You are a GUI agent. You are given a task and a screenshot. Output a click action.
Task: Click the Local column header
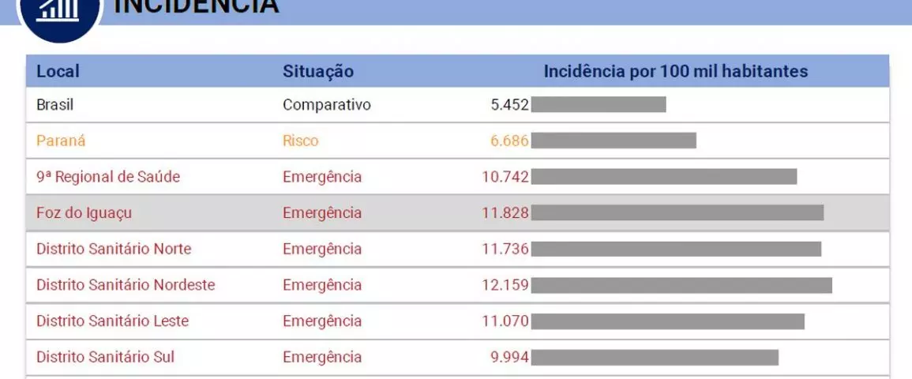point(58,71)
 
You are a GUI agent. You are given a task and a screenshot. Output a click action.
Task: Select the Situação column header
point(318,71)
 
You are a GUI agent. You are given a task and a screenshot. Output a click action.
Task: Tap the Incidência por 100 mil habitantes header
point(675,71)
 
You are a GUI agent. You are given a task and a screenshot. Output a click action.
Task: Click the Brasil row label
point(54,104)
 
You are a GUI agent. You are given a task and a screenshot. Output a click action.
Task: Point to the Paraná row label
point(61,141)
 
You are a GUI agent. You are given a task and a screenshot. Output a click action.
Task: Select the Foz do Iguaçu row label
point(84,212)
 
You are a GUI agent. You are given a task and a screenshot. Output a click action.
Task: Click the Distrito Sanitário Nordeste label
point(126,284)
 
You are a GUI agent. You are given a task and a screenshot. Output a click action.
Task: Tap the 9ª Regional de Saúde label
point(108,177)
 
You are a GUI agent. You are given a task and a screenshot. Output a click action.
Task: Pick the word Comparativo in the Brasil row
point(327,104)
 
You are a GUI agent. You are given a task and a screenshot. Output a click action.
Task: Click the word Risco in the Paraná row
point(301,141)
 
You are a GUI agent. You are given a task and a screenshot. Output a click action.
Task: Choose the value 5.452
point(509,104)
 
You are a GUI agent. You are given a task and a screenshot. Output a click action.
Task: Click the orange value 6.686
point(509,141)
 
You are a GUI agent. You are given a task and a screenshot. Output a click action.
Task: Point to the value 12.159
point(505,284)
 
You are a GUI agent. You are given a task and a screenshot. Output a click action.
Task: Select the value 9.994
point(509,357)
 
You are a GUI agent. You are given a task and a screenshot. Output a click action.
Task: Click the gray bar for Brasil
point(599,104)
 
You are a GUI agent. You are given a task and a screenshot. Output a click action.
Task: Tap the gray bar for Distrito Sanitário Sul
point(655,357)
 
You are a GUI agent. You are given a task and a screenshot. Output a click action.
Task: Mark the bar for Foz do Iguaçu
point(677,212)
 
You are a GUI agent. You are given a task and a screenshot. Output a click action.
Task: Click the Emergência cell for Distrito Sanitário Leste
point(322,321)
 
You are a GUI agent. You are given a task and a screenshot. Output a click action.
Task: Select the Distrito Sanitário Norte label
point(114,249)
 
